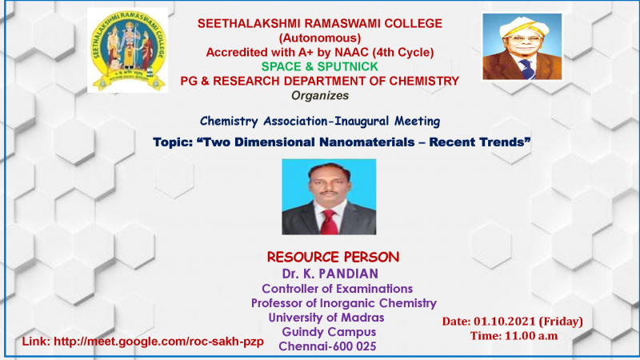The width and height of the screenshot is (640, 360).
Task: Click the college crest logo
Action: coord(128,50)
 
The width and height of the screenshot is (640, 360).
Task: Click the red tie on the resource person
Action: coord(329,222)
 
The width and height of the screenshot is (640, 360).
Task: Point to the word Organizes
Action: coord(320,95)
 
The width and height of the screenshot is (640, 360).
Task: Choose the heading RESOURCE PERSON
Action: coord(333,257)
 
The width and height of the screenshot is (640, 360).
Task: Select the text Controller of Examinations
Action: coord(337,289)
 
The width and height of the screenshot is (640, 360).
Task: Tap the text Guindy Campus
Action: coord(329,332)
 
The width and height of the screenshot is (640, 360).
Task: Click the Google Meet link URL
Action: coord(158,342)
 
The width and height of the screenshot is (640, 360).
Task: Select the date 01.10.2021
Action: coord(505,322)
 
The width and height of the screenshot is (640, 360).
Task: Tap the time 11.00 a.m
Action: coord(531,336)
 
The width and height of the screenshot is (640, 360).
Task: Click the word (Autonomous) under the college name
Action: coord(320,38)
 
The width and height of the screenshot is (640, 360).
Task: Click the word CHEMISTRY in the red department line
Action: coord(424,81)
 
